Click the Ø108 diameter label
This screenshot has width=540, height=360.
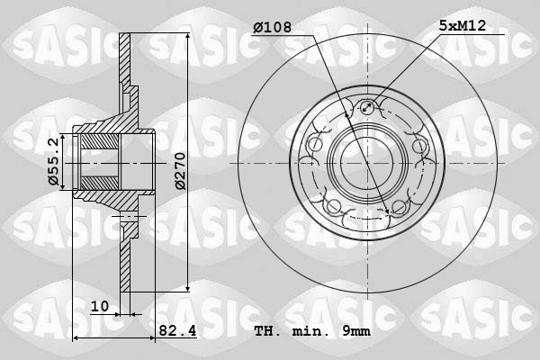tap(273, 28)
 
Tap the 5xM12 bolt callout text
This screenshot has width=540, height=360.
tap(463, 27)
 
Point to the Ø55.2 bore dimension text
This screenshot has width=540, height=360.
tap(53, 162)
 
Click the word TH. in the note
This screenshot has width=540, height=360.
tap(266, 332)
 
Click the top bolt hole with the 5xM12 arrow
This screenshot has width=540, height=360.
tap(366, 110)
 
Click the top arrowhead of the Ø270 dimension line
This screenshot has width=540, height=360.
tap(187, 38)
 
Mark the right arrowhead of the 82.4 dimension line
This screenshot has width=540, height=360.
tap(152, 338)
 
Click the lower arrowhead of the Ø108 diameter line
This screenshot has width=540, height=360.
tap(390, 213)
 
